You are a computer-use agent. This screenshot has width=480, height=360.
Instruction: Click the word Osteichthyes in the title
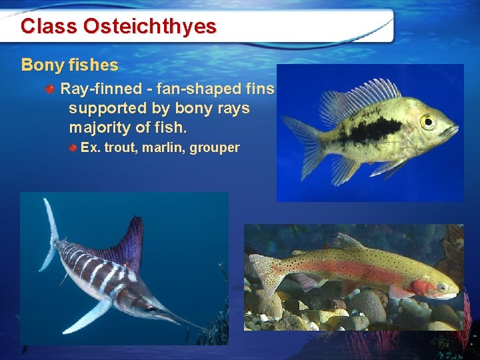coord(150,27)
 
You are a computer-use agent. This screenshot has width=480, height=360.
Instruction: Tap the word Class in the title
coord(49,27)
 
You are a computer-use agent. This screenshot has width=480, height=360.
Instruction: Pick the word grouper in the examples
coord(215,148)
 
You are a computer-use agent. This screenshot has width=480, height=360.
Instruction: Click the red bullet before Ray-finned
coord(51,89)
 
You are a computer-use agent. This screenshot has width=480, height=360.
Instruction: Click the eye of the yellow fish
coord(427,121)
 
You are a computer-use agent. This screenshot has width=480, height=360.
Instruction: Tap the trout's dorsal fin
coord(347,242)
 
